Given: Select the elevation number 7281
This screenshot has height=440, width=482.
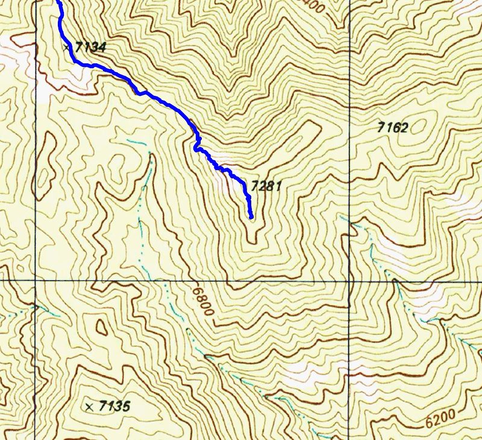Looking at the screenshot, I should [266, 187].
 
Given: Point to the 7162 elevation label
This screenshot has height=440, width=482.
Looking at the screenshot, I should [392, 127].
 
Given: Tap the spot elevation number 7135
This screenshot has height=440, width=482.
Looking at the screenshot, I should [114, 406].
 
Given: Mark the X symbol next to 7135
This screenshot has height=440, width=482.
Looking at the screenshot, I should [90, 406].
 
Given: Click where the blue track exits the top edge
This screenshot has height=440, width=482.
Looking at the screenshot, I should [58, 2].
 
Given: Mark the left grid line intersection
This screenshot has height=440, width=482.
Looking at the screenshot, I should [36, 281].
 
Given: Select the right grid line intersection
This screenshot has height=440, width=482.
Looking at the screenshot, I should [349, 281].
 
